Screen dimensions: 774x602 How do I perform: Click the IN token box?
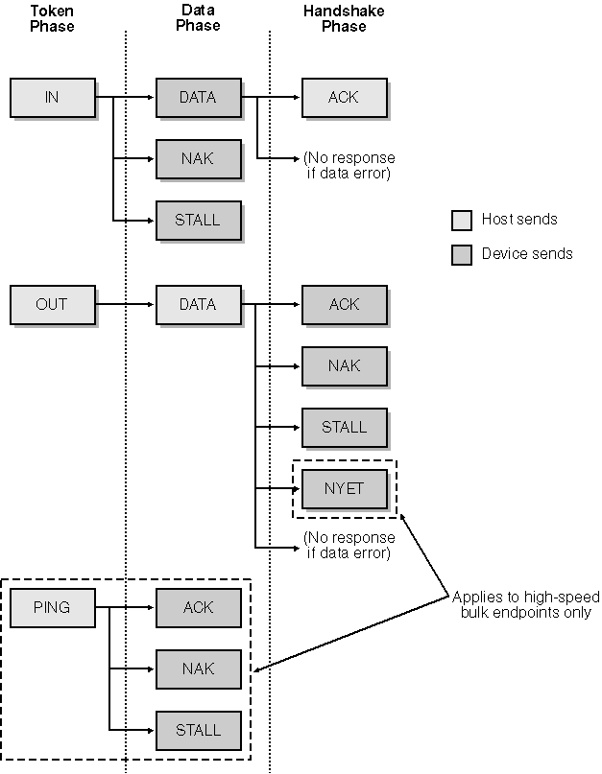(53, 97)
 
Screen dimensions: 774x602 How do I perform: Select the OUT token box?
(53, 304)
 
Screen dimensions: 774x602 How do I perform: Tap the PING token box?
(53, 607)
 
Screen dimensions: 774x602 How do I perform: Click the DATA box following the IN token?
(198, 97)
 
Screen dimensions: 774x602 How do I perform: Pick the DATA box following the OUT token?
(198, 304)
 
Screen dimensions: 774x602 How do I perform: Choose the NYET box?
(344, 488)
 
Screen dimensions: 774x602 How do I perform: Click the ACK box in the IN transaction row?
(344, 97)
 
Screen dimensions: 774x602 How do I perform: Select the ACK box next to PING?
(198, 607)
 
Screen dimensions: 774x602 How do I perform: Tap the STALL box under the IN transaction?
(198, 220)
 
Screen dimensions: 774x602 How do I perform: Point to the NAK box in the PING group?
(198, 668)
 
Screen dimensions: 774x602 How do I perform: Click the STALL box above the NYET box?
(344, 427)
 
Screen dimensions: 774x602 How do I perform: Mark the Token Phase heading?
(52, 18)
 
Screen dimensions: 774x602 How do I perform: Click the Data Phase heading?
(198, 18)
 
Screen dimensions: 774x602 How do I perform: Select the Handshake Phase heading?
(344, 18)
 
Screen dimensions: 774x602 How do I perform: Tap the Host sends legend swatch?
(462, 221)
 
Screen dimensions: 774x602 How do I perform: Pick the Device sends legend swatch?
(462, 255)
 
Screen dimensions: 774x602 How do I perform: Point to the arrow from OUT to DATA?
(125, 304)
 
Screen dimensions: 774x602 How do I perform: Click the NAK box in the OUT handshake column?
(344, 365)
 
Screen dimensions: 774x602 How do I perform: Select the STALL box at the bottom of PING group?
(198, 730)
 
